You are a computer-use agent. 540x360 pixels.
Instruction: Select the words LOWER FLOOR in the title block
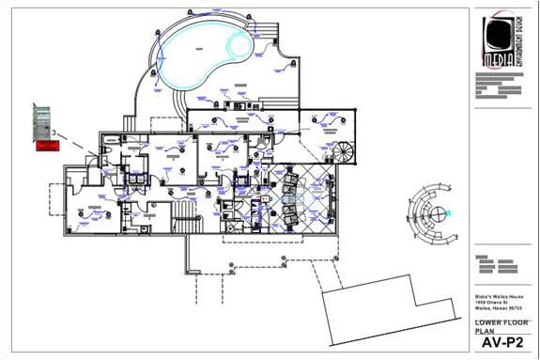click(x=495, y=321)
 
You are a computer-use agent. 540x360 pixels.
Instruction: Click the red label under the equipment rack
click(x=46, y=146)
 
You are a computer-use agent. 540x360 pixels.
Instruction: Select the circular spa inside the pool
click(x=239, y=43)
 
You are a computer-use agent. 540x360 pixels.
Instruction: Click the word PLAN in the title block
click(x=482, y=331)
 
